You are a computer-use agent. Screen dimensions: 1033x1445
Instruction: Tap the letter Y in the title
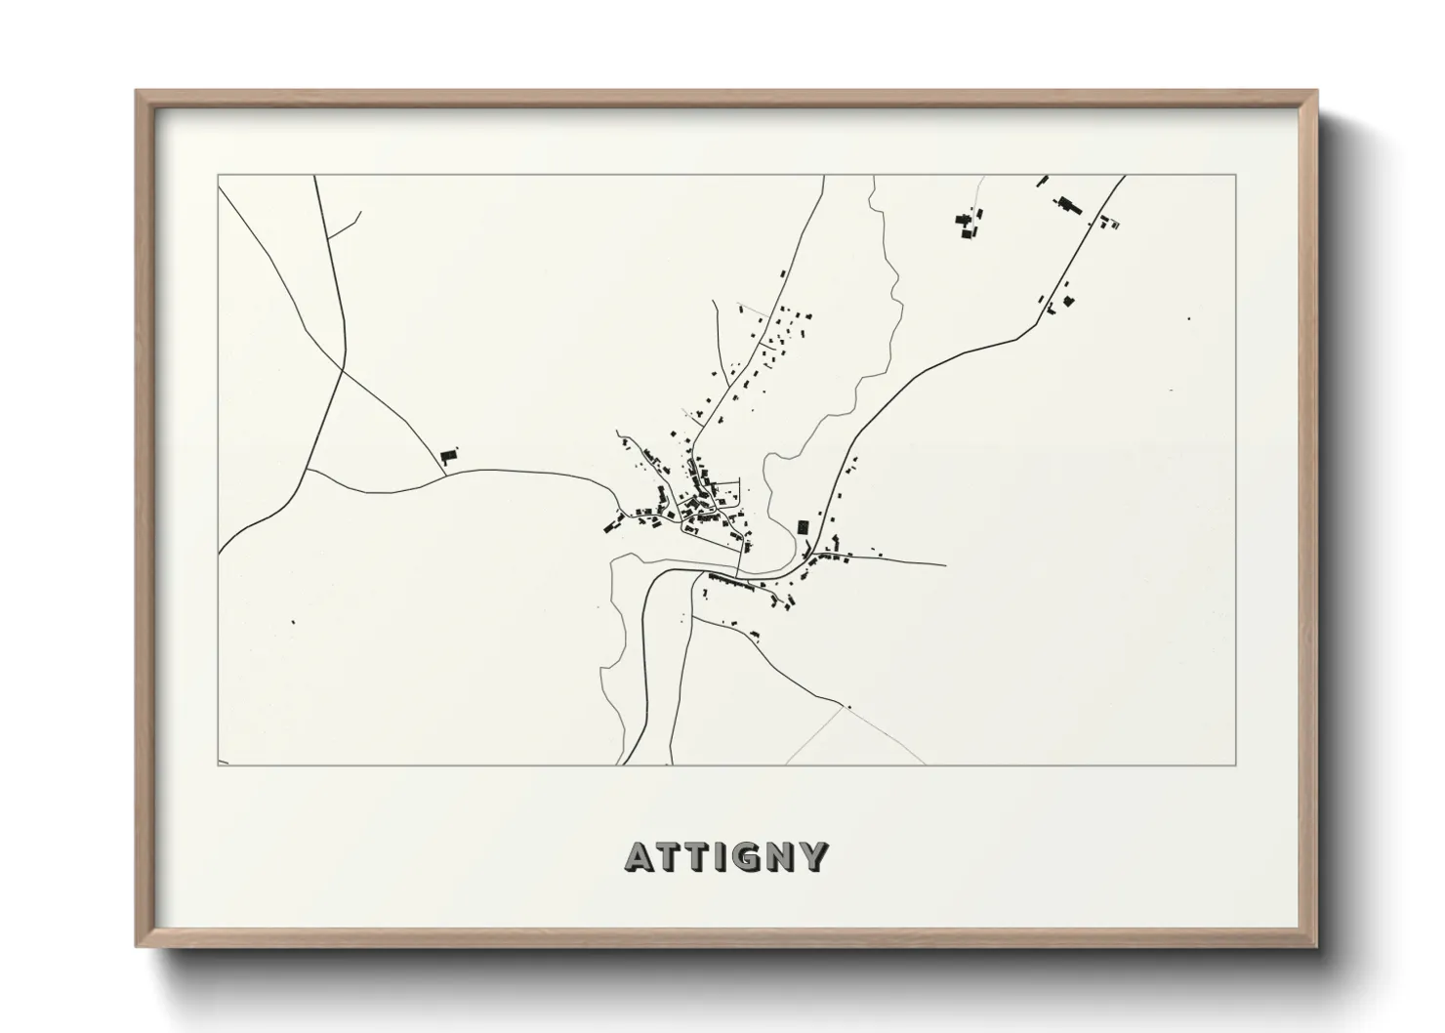813,857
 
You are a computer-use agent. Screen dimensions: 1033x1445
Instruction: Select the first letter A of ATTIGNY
639,857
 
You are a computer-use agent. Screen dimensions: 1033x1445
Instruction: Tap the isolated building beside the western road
449,455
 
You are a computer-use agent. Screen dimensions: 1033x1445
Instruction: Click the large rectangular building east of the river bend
804,527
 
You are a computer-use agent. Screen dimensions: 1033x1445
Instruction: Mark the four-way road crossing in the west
343,370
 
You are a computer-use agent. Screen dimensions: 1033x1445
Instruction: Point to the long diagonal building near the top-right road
1068,205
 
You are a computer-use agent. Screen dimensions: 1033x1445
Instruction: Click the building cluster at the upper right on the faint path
968,224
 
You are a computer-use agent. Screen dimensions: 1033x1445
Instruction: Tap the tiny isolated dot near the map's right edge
1188,318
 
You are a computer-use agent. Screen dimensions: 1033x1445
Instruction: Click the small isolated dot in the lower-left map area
293,621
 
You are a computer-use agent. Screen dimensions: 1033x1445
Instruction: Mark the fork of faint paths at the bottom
842,708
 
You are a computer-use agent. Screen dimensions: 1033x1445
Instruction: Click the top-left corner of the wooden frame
138,93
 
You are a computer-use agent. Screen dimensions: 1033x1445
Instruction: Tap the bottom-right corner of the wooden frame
1316,947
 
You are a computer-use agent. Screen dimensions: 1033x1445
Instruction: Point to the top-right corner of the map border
1236,175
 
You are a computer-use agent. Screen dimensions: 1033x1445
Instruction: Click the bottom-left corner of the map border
218,765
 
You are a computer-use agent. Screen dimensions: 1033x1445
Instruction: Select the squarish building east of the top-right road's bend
1070,298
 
